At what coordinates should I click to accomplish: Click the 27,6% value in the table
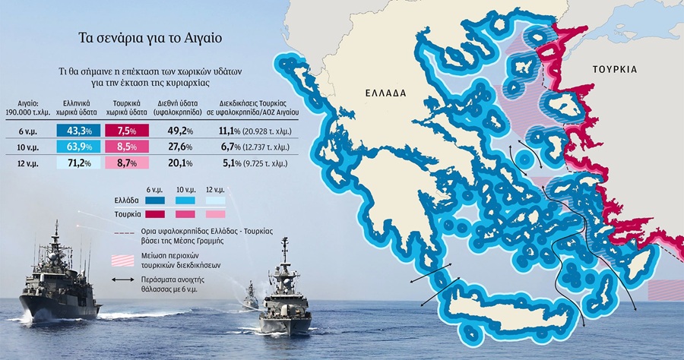point(180,146)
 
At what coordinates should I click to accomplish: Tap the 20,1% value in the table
point(180,163)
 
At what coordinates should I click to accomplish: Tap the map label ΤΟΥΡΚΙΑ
point(616,69)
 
